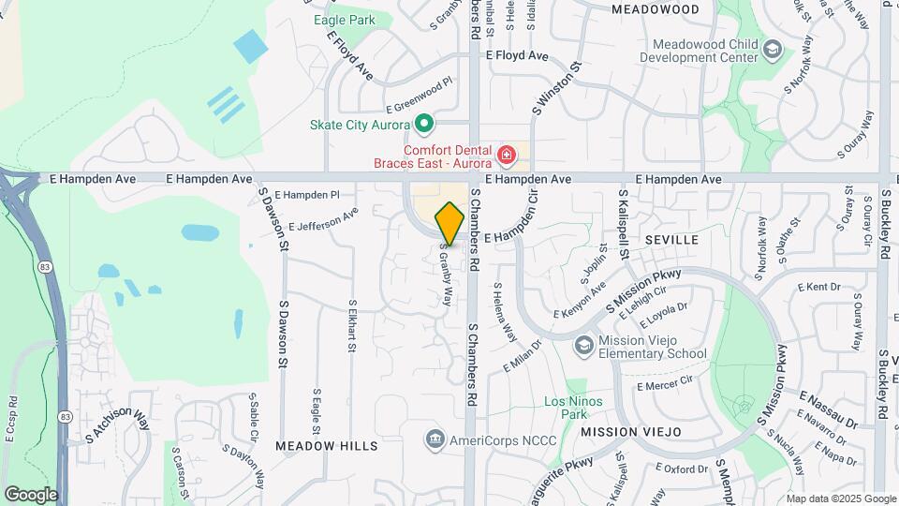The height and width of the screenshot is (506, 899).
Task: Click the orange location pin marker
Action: pyautogui.click(x=449, y=223)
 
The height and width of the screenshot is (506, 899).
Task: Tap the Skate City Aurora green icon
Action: pyautogui.click(x=424, y=124)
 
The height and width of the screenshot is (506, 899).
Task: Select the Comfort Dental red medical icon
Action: pyautogui.click(x=507, y=154)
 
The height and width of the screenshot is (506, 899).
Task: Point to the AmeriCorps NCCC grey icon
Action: pyautogui.click(x=434, y=439)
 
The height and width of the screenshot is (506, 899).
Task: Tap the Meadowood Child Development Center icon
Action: pyautogui.click(x=773, y=50)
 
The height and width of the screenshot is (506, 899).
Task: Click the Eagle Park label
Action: pyautogui.click(x=344, y=20)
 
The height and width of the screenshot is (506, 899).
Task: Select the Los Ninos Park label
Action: pyautogui.click(x=573, y=408)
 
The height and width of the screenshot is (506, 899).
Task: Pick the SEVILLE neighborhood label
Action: pyautogui.click(x=671, y=240)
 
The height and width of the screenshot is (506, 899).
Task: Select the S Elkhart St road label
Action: pyautogui.click(x=352, y=325)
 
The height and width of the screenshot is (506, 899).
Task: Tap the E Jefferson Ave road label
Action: pyautogui.click(x=323, y=219)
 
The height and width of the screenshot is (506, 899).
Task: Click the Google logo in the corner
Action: pyautogui.click(x=31, y=494)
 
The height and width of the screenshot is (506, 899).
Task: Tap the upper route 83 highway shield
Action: pyautogui.click(x=45, y=267)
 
